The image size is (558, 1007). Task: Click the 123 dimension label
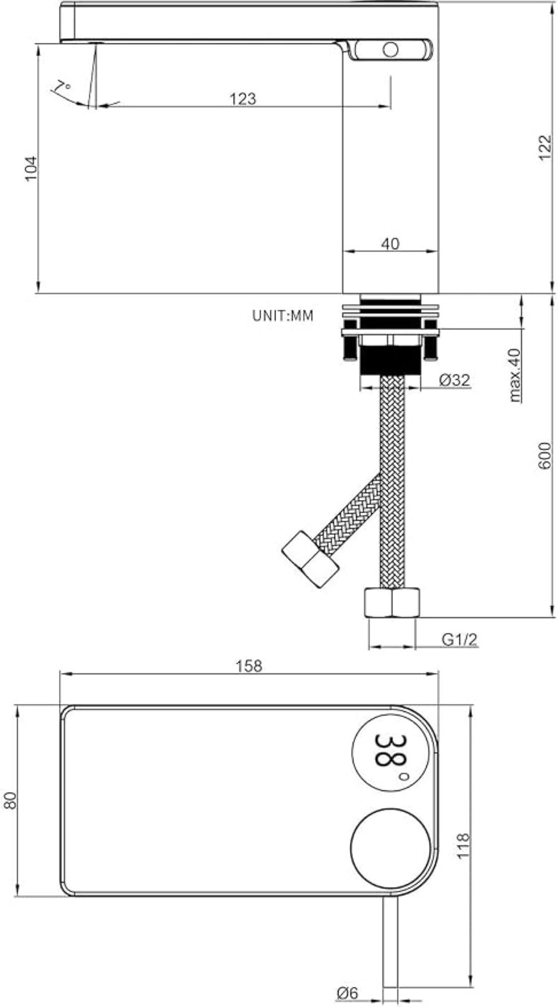click(243, 98)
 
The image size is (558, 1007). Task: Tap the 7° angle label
click(62, 90)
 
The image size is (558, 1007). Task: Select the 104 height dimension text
click(31, 168)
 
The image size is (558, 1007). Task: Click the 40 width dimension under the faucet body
click(390, 244)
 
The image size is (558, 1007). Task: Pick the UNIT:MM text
click(283, 316)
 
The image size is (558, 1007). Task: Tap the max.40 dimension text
click(515, 375)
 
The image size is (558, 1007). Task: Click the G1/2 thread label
click(459, 639)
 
